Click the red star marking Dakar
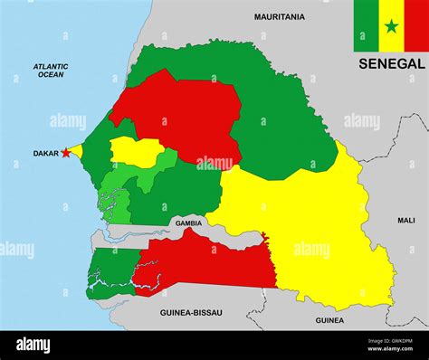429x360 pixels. pyautogui.click(x=65, y=153)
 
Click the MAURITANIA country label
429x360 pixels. pyautogui.click(x=279, y=16)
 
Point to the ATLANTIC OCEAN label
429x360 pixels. pyautogui.click(x=51, y=70)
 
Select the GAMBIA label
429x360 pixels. pyautogui.click(x=188, y=223)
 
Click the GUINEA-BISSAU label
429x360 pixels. pyautogui.click(x=191, y=312)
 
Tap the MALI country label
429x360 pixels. pyautogui.click(x=405, y=220)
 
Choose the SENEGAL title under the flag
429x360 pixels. pyautogui.click(x=390, y=64)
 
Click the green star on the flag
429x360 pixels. pyautogui.click(x=391, y=26)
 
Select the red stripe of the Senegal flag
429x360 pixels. pyautogui.click(x=415, y=26)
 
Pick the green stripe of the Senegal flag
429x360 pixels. pyautogui.click(x=366, y=26)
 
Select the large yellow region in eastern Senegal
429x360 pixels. pyautogui.click(x=308, y=226)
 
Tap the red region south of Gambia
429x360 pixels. pyautogui.click(x=208, y=262)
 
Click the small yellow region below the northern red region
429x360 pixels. pyautogui.click(x=136, y=151)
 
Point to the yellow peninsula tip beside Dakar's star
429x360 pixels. pyautogui.click(x=76, y=151)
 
